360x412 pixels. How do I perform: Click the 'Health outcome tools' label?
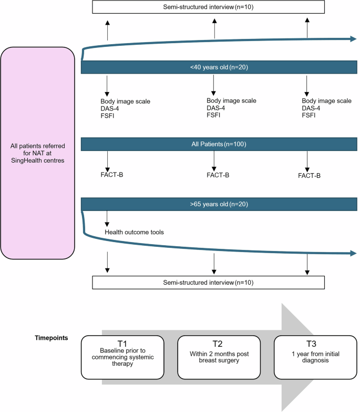(x=132, y=232)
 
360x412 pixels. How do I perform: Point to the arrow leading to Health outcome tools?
(x=107, y=218)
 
